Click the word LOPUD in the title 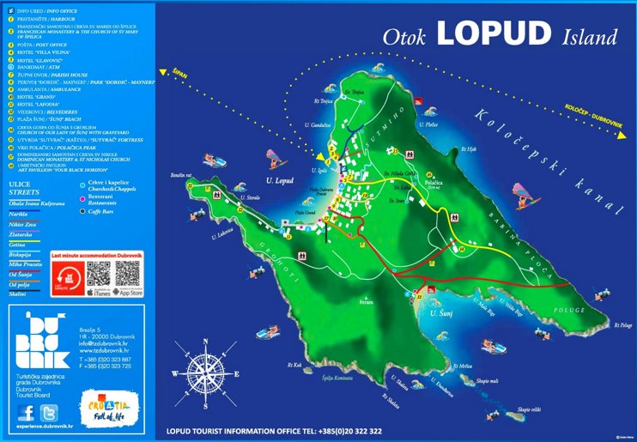click(493, 34)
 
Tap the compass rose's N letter click(205, 338)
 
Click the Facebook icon click(27, 411)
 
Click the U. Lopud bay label click(281, 181)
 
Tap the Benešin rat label click(203, 174)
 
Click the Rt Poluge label click(624, 325)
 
